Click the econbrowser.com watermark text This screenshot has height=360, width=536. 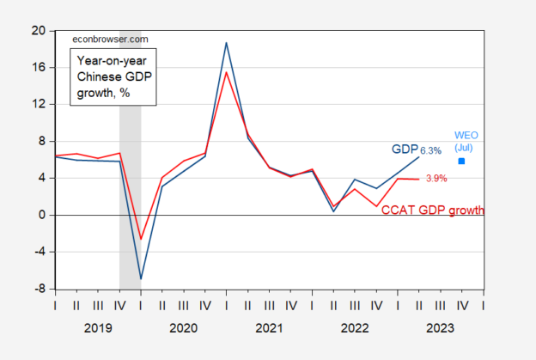(x=104, y=40)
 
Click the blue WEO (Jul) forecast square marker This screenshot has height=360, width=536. (x=462, y=161)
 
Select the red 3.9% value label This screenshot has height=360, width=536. (x=437, y=179)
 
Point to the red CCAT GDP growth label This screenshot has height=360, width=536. (x=433, y=211)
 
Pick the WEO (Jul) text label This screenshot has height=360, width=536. (x=463, y=141)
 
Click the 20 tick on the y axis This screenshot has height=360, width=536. (x=38, y=30)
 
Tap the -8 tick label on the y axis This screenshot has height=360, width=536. (x=40, y=290)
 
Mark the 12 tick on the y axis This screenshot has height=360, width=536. (x=38, y=105)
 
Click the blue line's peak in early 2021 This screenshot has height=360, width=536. (x=226, y=42)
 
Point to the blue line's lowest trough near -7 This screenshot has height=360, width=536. (x=141, y=279)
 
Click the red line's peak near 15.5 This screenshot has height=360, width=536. (x=226, y=72)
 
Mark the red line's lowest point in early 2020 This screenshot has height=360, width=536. (x=141, y=240)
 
